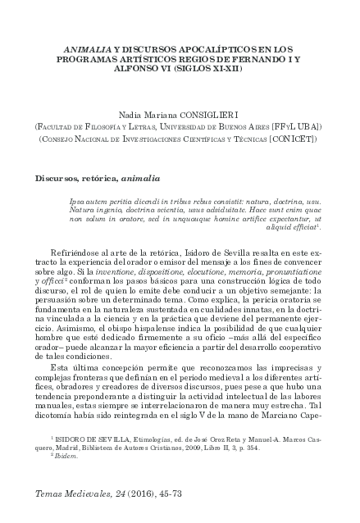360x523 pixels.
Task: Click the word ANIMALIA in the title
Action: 87,50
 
